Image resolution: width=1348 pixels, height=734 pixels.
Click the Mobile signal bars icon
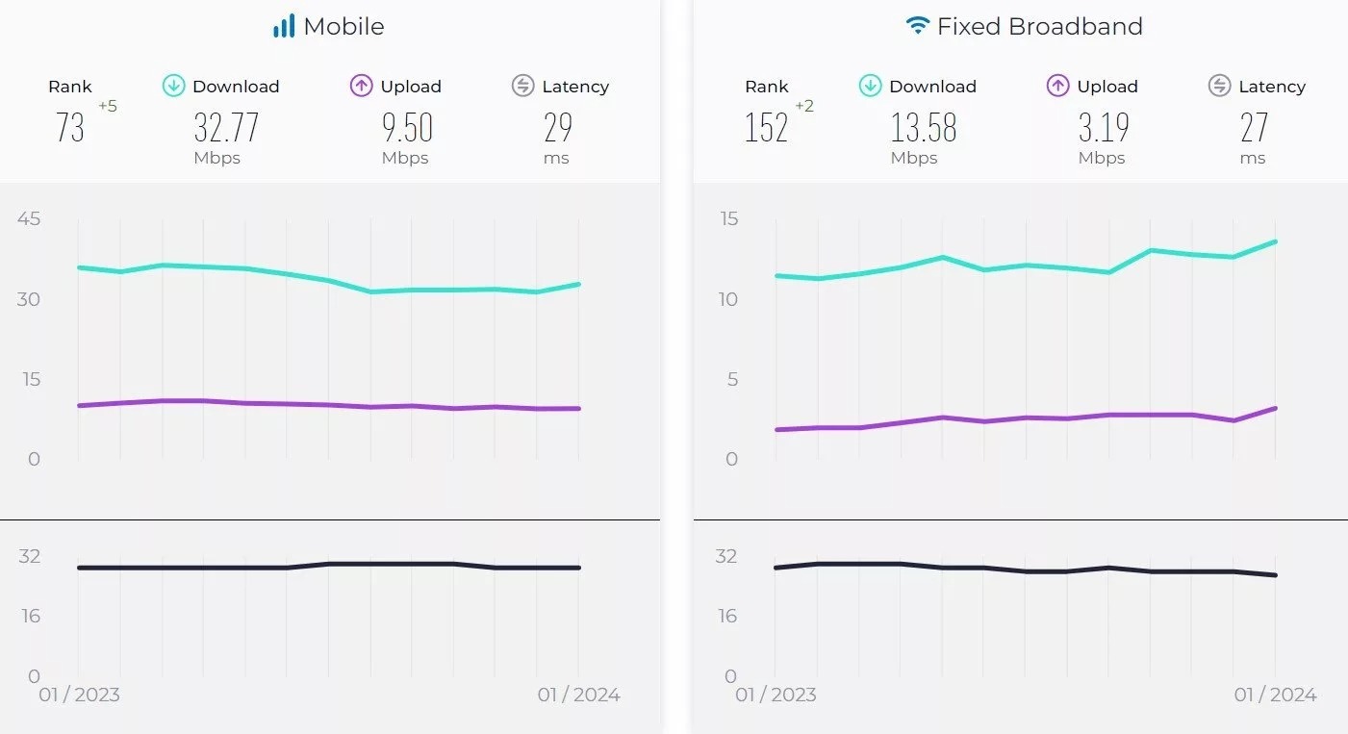[x=283, y=26]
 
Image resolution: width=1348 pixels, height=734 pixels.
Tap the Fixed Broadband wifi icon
[x=918, y=26]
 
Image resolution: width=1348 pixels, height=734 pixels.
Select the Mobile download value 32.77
[x=226, y=127]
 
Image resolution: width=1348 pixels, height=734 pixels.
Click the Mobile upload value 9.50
[x=407, y=127]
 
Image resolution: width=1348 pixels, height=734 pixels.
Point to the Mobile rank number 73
[x=70, y=127]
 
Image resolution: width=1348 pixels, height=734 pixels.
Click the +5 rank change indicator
[x=107, y=107]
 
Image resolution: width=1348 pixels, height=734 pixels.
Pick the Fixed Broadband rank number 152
[x=766, y=127]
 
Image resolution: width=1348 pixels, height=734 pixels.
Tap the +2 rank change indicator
[x=804, y=107]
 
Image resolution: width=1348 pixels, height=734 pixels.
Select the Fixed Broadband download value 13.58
[x=923, y=127]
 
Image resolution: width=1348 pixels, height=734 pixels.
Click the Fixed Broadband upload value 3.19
[x=1103, y=127]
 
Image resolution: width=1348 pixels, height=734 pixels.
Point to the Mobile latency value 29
[x=558, y=127]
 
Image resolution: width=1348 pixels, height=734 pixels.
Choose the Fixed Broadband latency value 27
[x=1255, y=127]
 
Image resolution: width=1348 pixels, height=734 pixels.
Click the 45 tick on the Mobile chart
[x=29, y=218]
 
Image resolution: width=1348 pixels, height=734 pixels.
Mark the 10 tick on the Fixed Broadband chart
[x=727, y=299]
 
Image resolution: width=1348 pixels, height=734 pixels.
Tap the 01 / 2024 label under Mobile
[x=578, y=695]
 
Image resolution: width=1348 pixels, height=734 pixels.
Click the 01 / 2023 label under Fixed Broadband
[x=776, y=695]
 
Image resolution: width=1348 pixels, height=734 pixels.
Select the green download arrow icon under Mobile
[x=173, y=86]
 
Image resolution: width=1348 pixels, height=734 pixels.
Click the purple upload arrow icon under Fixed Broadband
[x=1057, y=86]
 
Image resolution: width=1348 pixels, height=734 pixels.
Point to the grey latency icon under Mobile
[x=522, y=86]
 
